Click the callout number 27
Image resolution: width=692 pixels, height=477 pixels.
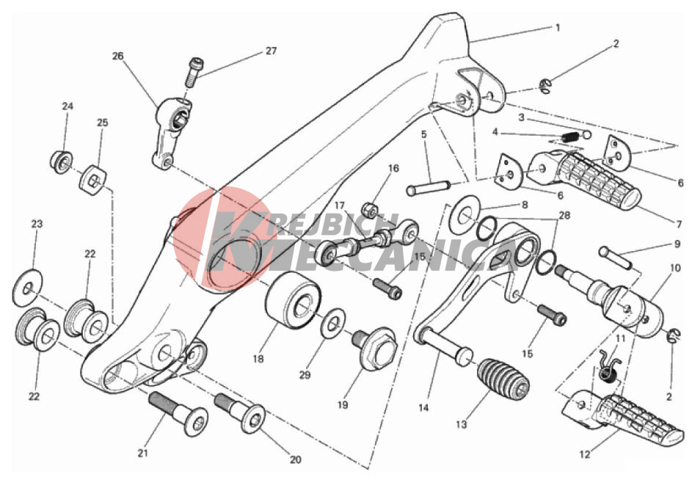point(271,51)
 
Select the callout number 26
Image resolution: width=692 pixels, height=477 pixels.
point(118,56)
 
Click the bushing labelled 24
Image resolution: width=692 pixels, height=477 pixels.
point(62,162)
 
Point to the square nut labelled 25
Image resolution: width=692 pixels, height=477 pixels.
point(93,179)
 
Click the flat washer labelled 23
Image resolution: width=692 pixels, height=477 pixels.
point(27,287)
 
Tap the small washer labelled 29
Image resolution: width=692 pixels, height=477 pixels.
point(333,324)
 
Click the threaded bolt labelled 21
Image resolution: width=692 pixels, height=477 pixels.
point(178,413)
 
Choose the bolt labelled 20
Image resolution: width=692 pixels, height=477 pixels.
point(240,412)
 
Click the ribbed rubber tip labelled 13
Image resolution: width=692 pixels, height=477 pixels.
point(503,382)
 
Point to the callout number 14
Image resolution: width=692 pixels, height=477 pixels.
point(423,408)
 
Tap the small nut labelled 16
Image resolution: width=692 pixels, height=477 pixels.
point(369,210)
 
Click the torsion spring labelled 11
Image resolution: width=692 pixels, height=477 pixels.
point(610,365)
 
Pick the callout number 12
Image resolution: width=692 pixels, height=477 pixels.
point(584,454)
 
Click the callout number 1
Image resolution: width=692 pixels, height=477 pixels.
point(558,27)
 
